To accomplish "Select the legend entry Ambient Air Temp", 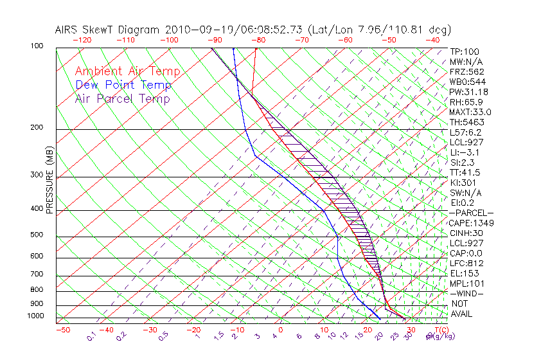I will (127, 71).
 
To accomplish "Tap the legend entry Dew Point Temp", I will (123, 85).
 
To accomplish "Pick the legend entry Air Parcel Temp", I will (122, 98).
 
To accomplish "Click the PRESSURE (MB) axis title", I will (49, 180).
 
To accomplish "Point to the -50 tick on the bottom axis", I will (62, 330).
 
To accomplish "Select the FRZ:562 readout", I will (466, 71).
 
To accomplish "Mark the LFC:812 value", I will (466, 263).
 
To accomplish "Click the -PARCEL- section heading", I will (471, 213).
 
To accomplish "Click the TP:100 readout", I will (465, 51).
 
